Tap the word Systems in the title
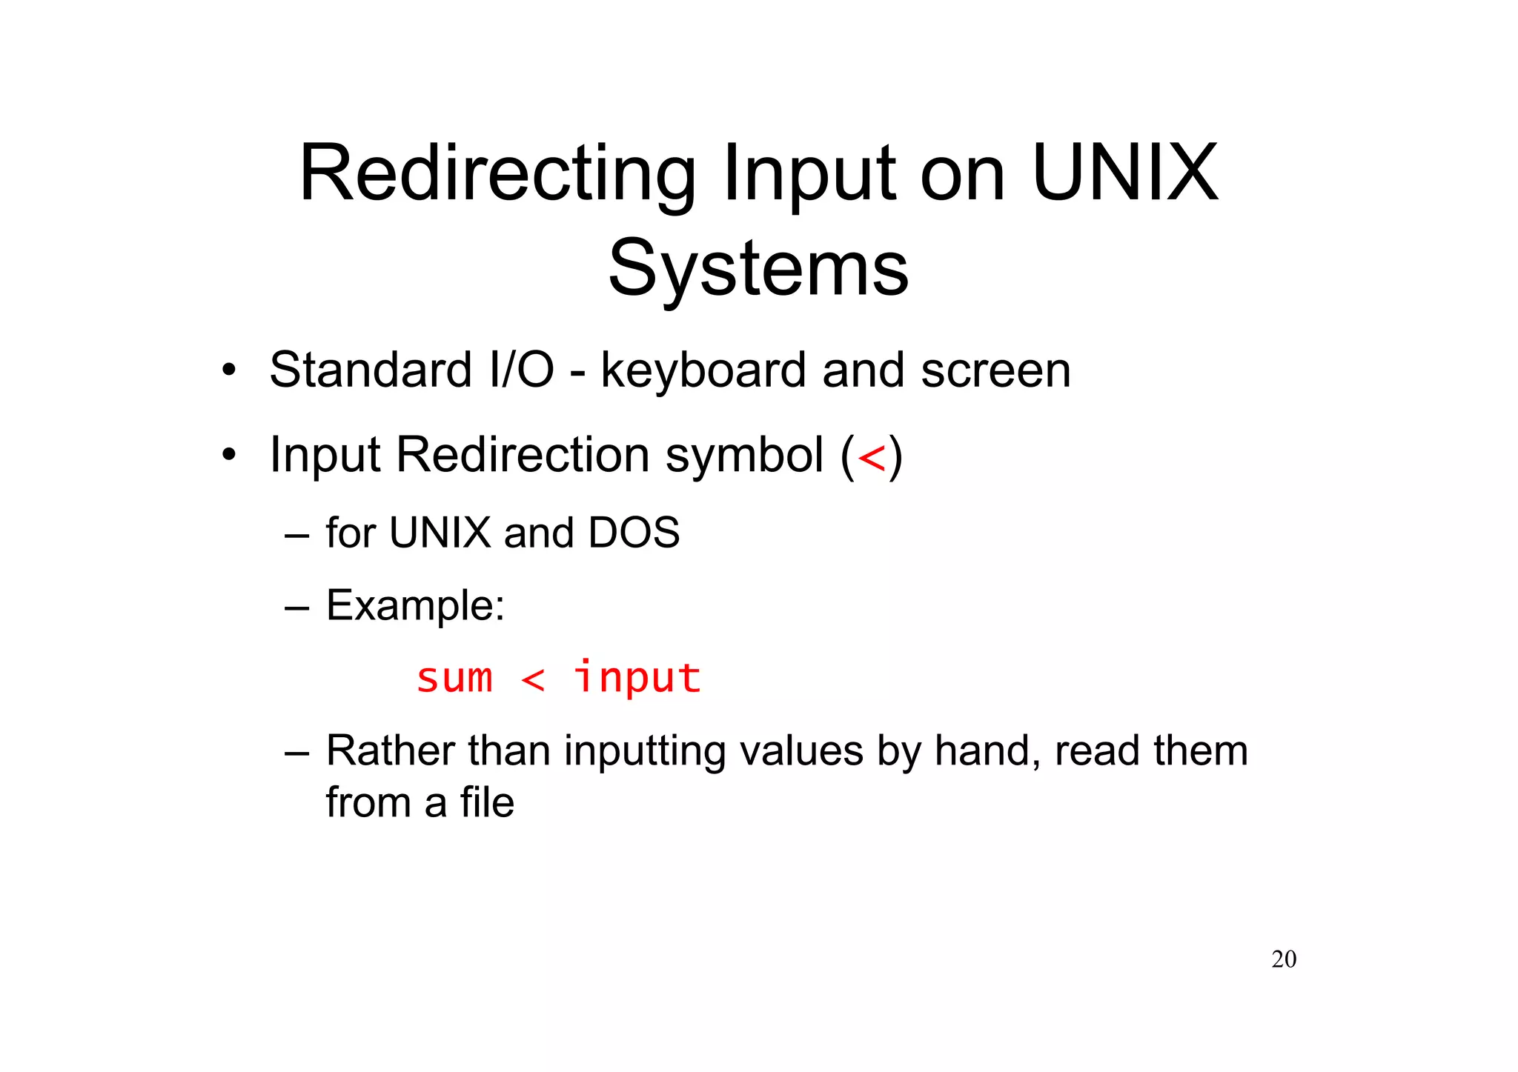pos(758,268)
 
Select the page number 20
pos(1284,959)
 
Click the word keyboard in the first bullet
pos(703,370)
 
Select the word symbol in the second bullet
pos(744,455)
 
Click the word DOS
pos(633,533)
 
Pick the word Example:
pos(415,606)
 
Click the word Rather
pos(389,750)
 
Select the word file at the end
pos(486,802)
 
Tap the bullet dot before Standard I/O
pos(229,370)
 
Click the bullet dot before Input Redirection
pos(229,454)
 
